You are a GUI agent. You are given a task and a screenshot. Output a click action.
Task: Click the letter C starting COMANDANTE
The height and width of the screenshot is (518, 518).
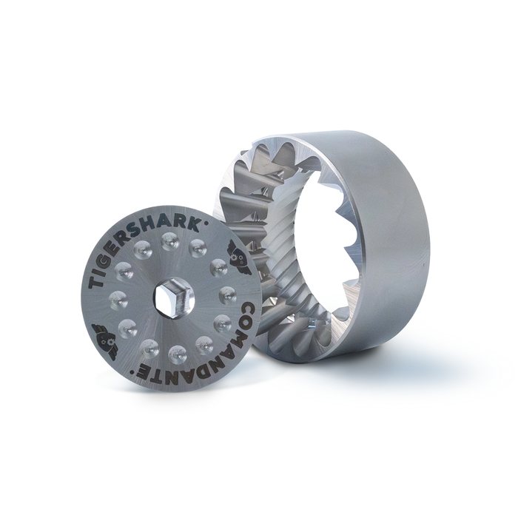tap(246, 310)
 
